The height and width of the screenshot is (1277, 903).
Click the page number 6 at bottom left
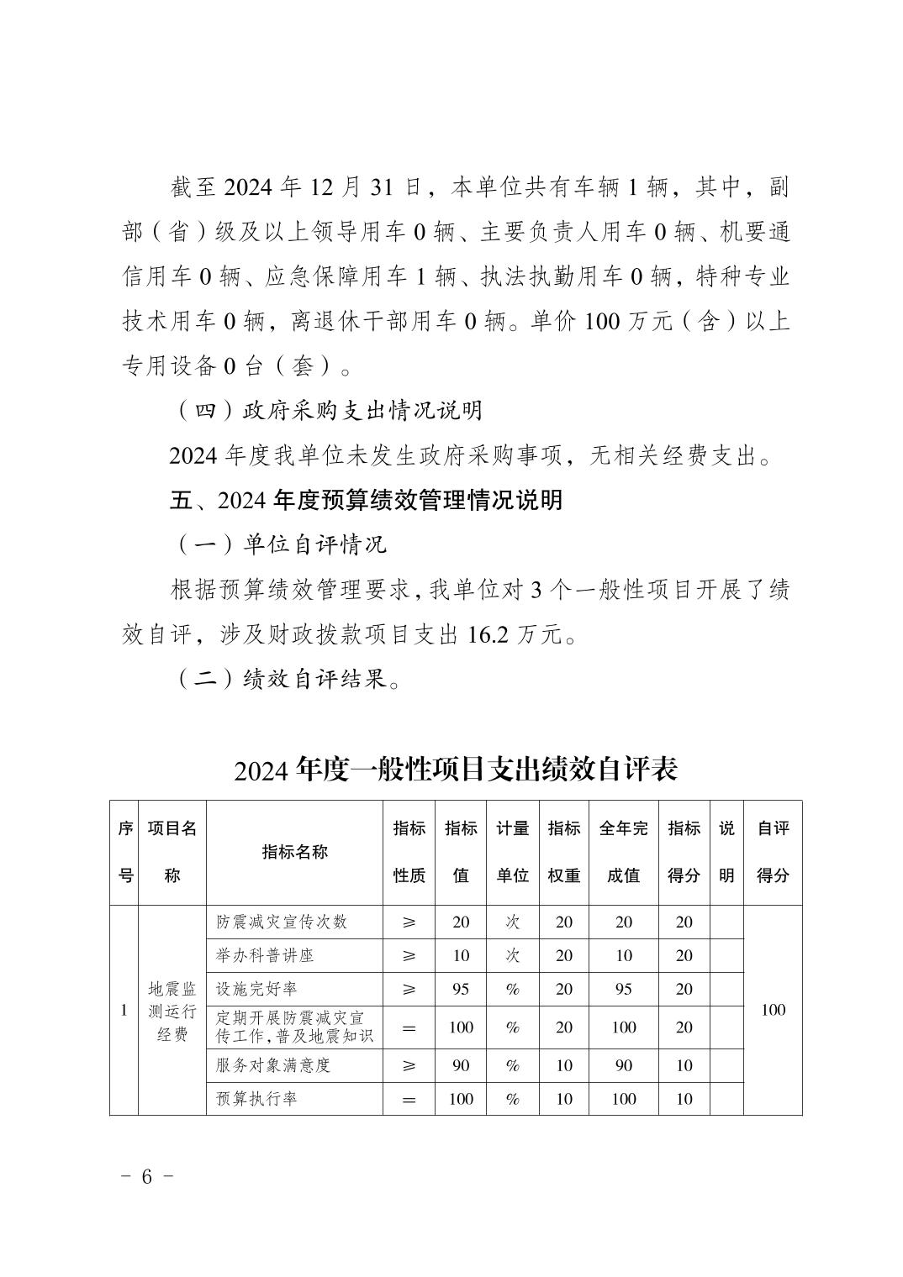[x=146, y=1176]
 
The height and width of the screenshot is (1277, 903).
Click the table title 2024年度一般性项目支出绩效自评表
[x=456, y=769]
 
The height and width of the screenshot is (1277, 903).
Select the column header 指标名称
[x=294, y=852]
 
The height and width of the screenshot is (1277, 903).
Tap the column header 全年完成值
[x=623, y=852]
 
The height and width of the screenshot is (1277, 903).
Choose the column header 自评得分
[x=773, y=852]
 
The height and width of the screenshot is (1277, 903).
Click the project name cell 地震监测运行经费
[x=172, y=1011]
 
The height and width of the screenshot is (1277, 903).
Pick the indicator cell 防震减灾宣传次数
[x=282, y=922]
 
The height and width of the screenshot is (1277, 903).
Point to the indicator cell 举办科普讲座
[x=265, y=955]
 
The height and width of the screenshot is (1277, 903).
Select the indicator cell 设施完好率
[x=256, y=989]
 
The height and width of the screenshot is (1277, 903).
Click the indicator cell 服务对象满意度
[x=273, y=1065]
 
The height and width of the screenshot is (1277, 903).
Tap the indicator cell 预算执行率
[x=256, y=1099]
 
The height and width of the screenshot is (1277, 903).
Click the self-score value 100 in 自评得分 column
[x=773, y=1010]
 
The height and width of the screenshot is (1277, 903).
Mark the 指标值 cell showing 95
[x=461, y=989]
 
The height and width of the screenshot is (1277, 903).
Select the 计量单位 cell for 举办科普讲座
[x=512, y=955]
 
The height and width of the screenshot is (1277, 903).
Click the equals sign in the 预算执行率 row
[x=409, y=1100]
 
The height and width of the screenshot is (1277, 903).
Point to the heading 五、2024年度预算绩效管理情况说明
[x=366, y=501]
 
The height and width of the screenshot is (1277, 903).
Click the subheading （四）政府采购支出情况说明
[x=328, y=410]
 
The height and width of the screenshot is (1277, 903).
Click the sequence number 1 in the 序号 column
[x=124, y=1011]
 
